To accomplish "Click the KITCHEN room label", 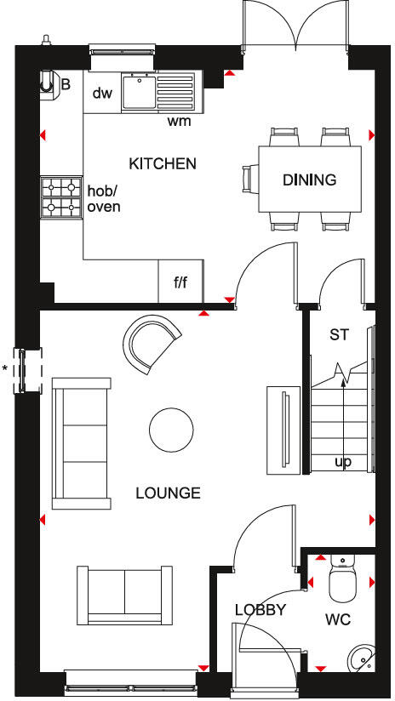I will click(163, 163).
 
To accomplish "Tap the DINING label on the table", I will click(310, 180).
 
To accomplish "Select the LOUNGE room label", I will click(168, 493).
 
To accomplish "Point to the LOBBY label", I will click(259, 609).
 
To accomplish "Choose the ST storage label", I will click(340, 334).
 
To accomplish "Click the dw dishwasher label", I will click(103, 93).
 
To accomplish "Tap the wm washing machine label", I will click(179, 121).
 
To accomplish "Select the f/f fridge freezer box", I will click(180, 282).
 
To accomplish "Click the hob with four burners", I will click(62, 195).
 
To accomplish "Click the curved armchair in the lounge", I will click(153, 344).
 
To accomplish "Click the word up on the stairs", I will click(343, 462).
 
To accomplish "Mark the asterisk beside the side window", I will click(5, 368).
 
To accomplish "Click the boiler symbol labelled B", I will click(49, 83).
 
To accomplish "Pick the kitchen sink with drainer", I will click(158, 91).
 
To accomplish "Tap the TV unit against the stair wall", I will click(281, 430).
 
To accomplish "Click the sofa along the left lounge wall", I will click(81, 441).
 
